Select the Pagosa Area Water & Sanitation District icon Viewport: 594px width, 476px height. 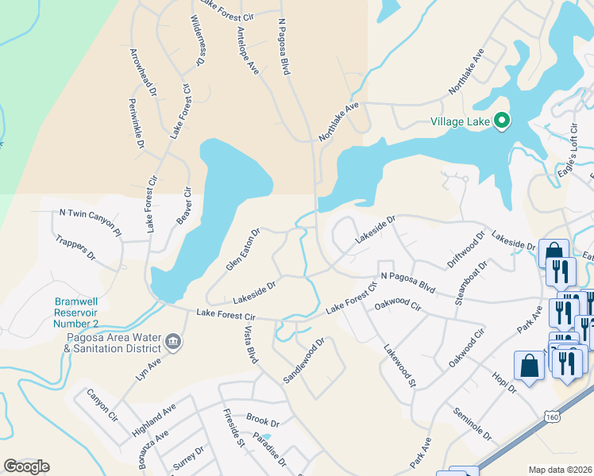[x=173, y=343]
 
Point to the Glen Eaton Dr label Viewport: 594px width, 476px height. [x=243, y=250]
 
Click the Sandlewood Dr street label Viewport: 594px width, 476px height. [x=304, y=362]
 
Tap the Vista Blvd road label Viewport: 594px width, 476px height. [x=250, y=344]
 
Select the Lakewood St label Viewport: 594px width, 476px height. [x=399, y=365]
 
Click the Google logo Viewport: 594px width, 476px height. [x=26, y=466]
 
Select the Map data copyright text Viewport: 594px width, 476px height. [x=560, y=470]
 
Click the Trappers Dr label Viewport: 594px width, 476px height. [x=75, y=248]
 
